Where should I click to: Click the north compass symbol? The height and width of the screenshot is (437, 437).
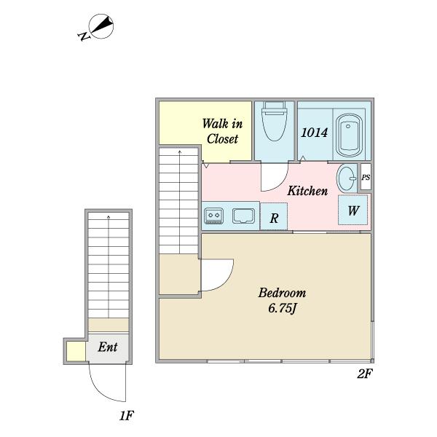[x=97, y=27]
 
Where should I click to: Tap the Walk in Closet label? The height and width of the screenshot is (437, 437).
[x=222, y=131]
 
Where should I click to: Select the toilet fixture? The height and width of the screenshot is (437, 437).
[x=275, y=121]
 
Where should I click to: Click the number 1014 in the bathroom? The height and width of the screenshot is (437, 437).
[x=315, y=133]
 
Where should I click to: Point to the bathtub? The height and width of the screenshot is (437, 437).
[x=349, y=135]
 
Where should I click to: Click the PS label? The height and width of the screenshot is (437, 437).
[x=366, y=177]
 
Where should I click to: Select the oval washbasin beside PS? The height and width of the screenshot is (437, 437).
[x=347, y=178]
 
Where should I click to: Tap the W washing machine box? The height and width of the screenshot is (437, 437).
[x=353, y=210]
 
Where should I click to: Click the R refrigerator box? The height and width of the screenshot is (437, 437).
[x=274, y=216]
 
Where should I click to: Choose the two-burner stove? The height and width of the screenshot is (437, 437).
[x=213, y=216]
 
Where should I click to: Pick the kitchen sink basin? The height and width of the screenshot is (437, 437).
[x=243, y=216]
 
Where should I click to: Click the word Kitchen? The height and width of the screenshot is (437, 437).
[x=307, y=191]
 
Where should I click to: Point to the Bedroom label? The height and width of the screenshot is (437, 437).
[x=282, y=293]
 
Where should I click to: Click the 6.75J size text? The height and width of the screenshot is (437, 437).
[x=282, y=309]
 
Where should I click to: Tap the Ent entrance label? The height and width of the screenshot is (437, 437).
[x=108, y=347]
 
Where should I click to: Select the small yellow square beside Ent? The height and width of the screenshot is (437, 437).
[x=76, y=351]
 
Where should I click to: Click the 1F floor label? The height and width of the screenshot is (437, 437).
[x=127, y=416]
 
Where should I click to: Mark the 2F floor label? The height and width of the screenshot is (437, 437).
[x=365, y=374]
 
